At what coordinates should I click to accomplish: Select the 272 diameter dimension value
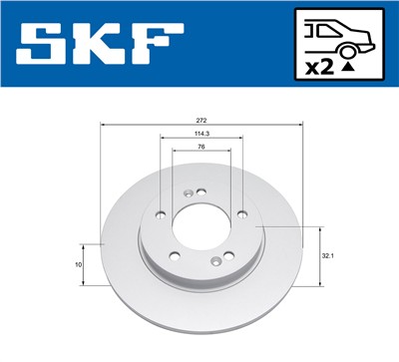[202, 119]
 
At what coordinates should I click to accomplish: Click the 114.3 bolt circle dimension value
[202, 135]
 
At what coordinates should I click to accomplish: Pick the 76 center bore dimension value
[202, 149]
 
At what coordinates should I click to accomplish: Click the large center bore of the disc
[201, 227]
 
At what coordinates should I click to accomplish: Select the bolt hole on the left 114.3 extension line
[162, 211]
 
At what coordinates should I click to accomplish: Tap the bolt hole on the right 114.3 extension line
[242, 211]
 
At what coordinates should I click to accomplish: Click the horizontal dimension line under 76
[202, 154]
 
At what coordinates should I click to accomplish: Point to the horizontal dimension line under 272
[202, 125]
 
